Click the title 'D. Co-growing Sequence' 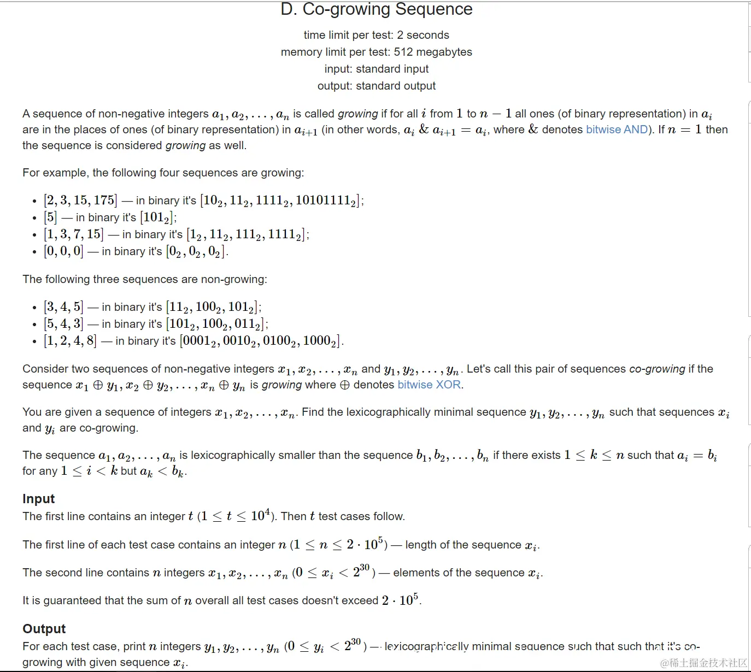click(x=376, y=9)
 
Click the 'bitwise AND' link click(x=617, y=129)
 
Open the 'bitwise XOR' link click(x=430, y=385)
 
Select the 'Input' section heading click(x=38, y=499)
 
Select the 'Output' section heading click(x=44, y=629)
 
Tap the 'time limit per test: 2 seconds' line click(x=376, y=35)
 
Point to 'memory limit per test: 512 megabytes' click(x=376, y=52)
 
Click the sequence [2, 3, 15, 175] click(x=80, y=200)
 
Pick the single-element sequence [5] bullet click(x=50, y=217)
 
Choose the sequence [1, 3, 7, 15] click(x=73, y=234)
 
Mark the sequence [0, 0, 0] click(x=63, y=251)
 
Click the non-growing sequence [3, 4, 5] click(x=63, y=307)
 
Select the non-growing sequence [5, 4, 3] click(x=63, y=324)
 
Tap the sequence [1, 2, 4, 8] click(x=70, y=341)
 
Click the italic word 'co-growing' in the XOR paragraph click(x=657, y=369)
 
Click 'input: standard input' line click(x=376, y=69)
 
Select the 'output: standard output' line click(x=376, y=86)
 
